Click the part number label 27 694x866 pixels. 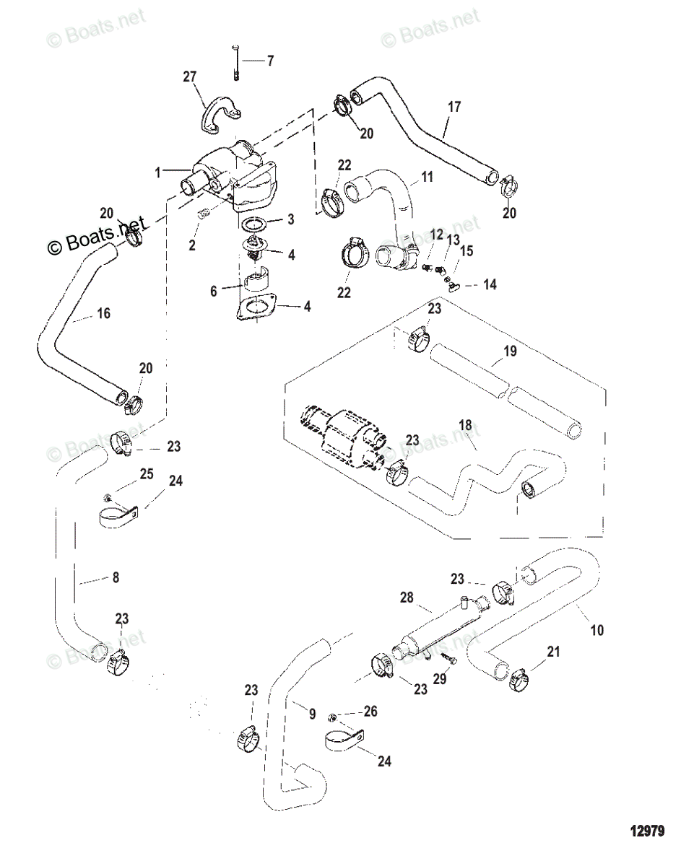point(189,77)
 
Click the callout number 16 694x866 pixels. point(103,314)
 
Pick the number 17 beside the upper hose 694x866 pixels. point(454,108)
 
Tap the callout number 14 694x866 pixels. point(490,285)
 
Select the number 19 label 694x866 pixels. point(510,353)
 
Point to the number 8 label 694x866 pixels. point(116,577)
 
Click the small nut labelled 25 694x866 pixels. point(107,497)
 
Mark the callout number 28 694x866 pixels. point(407,598)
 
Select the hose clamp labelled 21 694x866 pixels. point(518,679)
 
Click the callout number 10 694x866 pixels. point(597,630)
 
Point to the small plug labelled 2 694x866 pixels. point(204,214)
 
